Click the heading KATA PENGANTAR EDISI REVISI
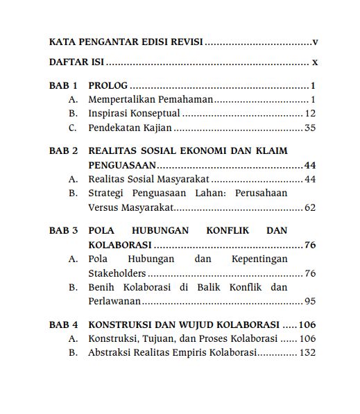126,42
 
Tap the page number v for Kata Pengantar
315,42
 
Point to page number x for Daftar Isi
315,62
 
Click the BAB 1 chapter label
63,87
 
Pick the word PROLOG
108,87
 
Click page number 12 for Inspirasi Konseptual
311,114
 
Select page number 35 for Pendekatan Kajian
311,128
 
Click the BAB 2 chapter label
63,151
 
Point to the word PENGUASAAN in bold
122,165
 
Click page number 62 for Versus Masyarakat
311,207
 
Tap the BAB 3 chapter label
63,231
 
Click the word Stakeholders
117,273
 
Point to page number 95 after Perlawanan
311,301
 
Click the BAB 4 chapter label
63,325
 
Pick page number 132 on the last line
308,352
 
